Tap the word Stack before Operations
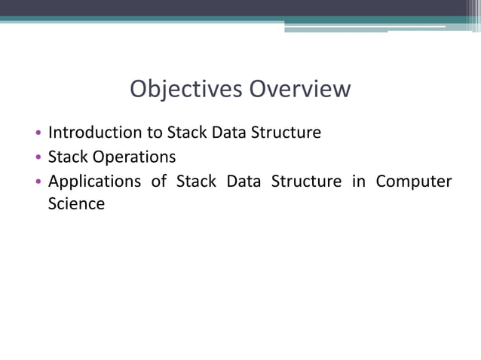coord(68,157)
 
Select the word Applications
coord(94,182)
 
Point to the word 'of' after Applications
coord(158,182)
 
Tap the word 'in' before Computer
coord(357,182)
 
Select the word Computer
coord(413,182)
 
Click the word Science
coord(76,203)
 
